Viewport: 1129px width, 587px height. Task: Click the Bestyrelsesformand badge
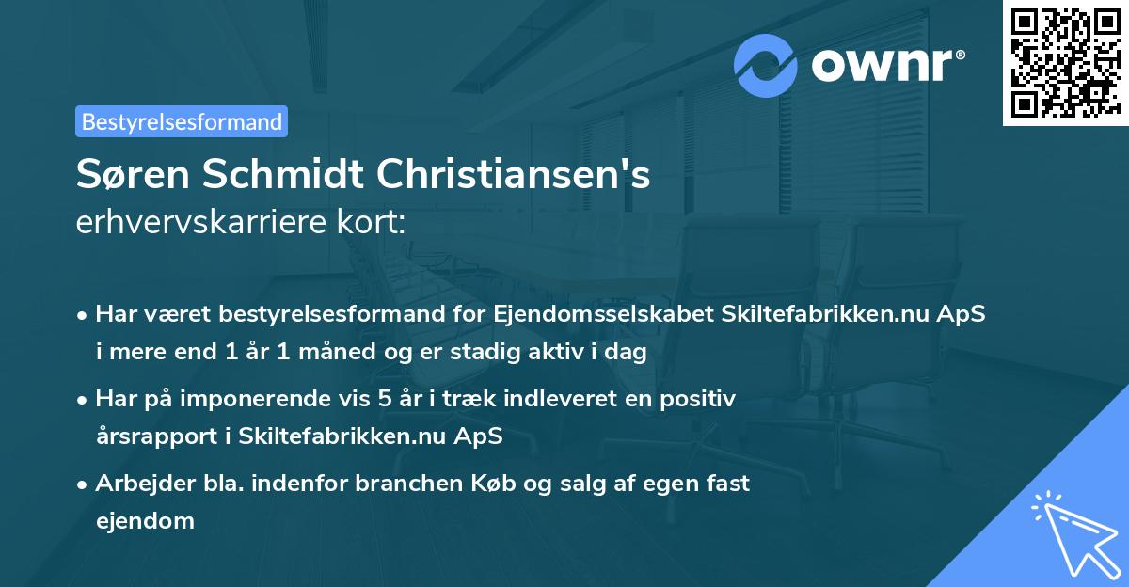click(x=182, y=121)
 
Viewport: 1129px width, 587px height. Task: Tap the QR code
click(x=1064, y=62)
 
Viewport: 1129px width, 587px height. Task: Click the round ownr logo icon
click(x=767, y=66)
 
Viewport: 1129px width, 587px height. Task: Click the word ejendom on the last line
click(x=145, y=519)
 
